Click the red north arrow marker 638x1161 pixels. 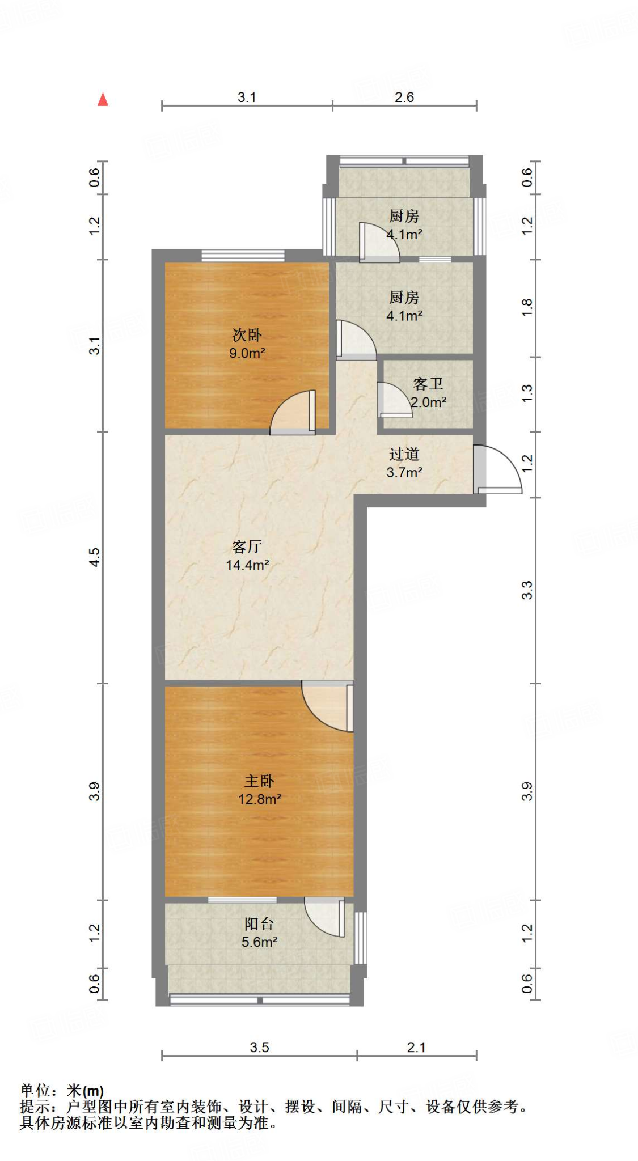(x=103, y=100)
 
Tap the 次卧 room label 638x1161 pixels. (x=247, y=335)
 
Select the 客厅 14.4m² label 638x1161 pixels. (x=247, y=556)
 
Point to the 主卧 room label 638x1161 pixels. (x=259, y=781)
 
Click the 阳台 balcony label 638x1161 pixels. (x=259, y=924)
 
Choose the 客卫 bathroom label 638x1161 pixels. (x=428, y=384)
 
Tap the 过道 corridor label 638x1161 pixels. (x=404, y=454)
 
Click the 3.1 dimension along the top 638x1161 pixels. (x=247, y=98)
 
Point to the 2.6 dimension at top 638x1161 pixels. (x=404, y=98)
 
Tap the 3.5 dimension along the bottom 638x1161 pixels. (x=259, y=1047)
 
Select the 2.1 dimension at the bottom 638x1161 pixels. (x=416, y=1047)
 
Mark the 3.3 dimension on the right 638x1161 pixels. (x=527, y=590)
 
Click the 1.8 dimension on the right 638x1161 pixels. (x=527, y=308)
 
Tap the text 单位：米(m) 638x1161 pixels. (x=62, y=1091)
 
